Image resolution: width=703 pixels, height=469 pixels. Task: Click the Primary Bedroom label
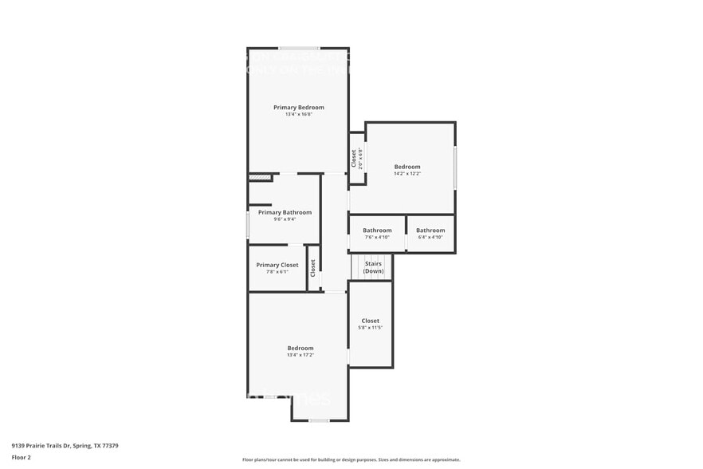click(x=299, y=107)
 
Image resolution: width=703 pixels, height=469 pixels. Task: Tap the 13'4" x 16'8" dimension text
click(x=299, y=114)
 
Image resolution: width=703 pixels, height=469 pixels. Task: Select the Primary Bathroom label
click(x=285, y=212)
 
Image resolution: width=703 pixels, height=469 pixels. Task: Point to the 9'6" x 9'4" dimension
click(x=285, y=219)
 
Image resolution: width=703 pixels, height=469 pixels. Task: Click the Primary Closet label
click(x=277, y=265)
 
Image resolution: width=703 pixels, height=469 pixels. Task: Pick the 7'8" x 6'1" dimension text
click(x=277, y=272)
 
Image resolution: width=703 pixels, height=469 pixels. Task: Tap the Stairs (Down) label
click(x=373, y=267)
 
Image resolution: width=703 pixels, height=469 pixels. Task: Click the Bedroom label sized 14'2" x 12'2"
click(x=407, y=167)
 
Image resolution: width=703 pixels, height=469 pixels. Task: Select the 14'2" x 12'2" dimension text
click(x=407, y=174)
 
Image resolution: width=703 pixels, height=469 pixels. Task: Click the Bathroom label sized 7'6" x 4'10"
click(x=377, y=231)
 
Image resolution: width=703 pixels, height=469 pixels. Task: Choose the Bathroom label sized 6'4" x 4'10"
click(x=430, y=231)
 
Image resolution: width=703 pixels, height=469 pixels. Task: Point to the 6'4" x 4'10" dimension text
click(x=430, y=237)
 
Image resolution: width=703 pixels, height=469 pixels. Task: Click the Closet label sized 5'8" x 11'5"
click(x=371, y=321)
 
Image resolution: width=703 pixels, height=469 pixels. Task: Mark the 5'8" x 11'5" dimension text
click(x=371, y=328)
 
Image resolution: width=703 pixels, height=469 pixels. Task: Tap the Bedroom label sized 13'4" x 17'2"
click(x=300, y=348)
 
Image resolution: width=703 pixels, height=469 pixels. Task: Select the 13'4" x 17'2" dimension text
click(x=300, y=355)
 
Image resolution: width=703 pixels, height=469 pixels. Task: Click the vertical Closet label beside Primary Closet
click(x=313, y=267)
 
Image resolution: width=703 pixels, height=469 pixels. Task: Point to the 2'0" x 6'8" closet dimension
click(x=360, y=158)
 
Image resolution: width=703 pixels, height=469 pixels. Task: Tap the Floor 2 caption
click(x=21, y=457)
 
